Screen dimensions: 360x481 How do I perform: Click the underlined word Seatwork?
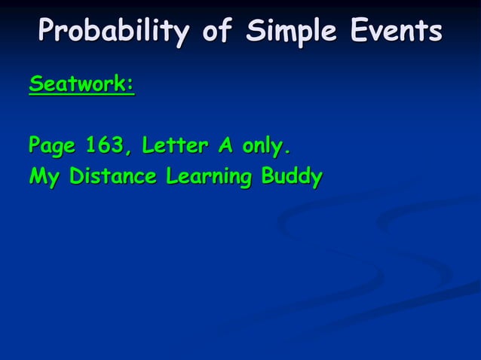click(78, 85)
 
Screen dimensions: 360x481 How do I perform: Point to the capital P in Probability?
click(50, 32)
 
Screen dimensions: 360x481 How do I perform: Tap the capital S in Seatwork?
click(35, 85)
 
